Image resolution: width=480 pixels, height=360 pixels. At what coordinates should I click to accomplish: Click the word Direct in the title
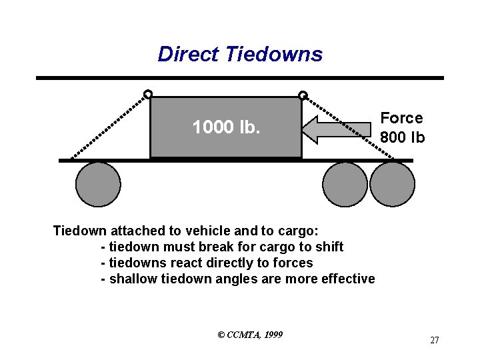pyautogui.click(x=189, y=54)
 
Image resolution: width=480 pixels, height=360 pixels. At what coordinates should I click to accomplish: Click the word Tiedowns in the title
pyautogui.click(x=274, y=54)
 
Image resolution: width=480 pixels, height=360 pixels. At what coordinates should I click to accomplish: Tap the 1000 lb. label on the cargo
pyautogui.click(x=226, y=127)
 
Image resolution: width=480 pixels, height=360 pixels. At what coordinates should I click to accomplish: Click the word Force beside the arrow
pyautogui.click(x=401, y=118)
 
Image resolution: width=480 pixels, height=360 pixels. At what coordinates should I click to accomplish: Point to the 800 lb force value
pyautogui.click(x=402, y=137)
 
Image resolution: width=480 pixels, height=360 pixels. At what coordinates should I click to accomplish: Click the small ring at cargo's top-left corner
pyautogui.click(x=148, y=94)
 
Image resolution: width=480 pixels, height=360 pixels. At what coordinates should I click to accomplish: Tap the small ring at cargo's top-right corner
pyautogui.click(x=303, y=95)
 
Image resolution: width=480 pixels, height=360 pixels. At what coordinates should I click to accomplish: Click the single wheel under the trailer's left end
pyautogui.click(x=98, y=184)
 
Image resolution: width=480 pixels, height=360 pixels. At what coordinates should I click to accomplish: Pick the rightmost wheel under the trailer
pyautogui.click(x=392, y=184)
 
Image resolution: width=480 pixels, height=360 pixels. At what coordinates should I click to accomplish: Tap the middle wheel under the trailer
pyautogui.click(x=345, y=184)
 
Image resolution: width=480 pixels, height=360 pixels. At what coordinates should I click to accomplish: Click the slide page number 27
pyautogui.click(x=434, y=340)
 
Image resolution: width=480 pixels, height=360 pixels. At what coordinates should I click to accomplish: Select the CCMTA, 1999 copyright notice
pyautogui.click(x=250, y=334)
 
